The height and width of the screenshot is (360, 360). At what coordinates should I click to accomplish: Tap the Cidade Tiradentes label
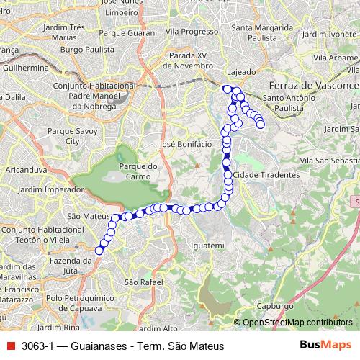266,175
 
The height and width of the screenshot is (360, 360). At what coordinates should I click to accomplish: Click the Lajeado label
241,72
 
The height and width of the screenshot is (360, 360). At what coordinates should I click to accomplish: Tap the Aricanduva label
22,166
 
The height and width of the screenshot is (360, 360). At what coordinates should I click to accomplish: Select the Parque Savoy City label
71,136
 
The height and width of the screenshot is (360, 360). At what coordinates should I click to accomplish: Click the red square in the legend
9,346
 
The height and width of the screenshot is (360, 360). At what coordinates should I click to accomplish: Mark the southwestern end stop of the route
99,251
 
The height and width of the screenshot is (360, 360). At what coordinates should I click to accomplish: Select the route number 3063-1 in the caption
37,346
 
